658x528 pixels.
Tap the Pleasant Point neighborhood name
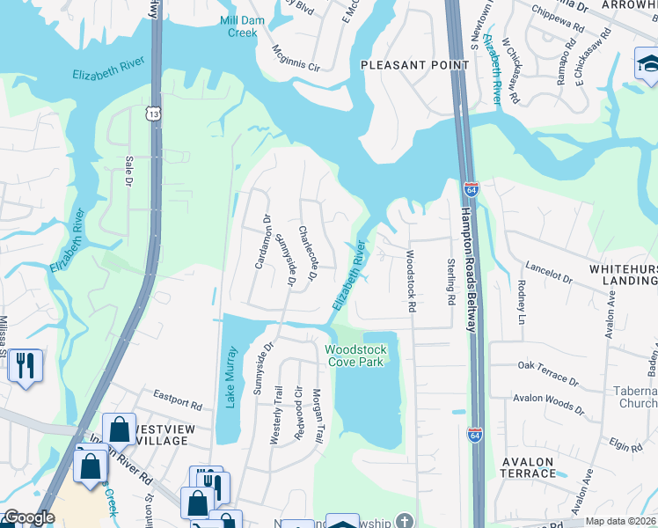click(406, 65)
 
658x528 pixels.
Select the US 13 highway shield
click(154, 114)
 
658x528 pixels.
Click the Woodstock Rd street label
click(410, 282)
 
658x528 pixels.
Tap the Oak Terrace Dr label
click(547, 372)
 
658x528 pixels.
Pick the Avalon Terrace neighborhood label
click(528, 467)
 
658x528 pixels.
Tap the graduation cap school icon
click(647, 63)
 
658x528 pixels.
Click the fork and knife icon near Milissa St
click(25, 364)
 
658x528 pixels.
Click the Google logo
click(28, 517)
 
